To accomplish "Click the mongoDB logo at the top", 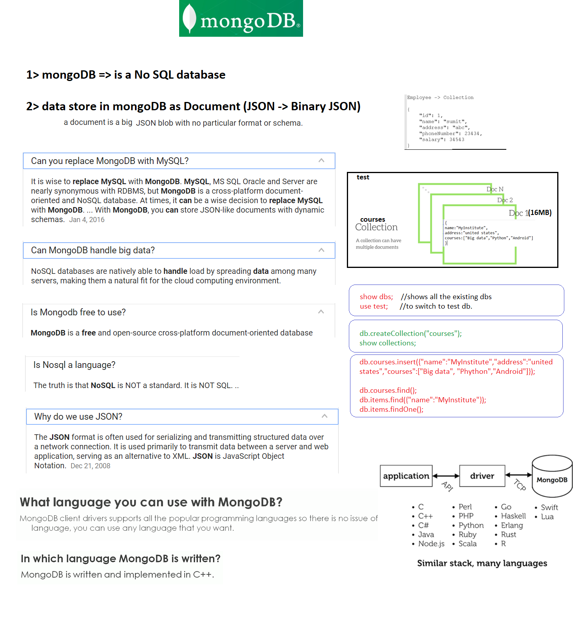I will [241, 19].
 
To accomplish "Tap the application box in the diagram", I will [406, 476].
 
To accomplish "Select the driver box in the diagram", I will [482, 476].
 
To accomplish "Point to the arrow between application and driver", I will [446, 476].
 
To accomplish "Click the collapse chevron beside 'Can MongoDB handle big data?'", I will [321, 250].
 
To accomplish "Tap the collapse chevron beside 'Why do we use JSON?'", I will [324, 416].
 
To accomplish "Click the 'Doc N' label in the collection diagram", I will [495, 189].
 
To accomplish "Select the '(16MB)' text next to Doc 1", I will [540, 213].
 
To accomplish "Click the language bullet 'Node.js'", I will [431, 544].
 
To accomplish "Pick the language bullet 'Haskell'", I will [513, 516].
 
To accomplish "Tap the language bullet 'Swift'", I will [549, 507].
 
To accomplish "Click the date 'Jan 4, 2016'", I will [87, 220].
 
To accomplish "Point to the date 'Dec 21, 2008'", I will [90, 466].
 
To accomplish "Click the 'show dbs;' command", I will [376, 297].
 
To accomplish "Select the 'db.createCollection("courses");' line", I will [410, 334].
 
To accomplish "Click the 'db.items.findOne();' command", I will [391, 409].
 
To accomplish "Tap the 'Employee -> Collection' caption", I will [440, 98].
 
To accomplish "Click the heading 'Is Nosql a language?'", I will [74, 365].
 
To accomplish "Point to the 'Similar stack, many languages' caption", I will [482, 563].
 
